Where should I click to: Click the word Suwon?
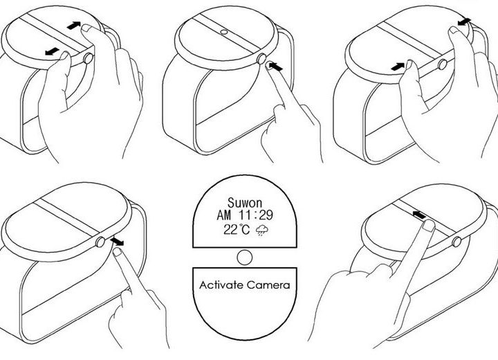tap(245, 203)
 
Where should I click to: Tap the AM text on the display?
tap(223, 215)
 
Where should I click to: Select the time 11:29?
tap(256, 215)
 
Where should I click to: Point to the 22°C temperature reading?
tap(237, 229)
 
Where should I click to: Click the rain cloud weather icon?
tap(261, 231)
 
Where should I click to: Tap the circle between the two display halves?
tap(245, 258)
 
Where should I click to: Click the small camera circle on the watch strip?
tap(224, 32)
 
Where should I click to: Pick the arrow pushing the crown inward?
tap(275, 66)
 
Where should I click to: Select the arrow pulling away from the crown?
tap(118, 242)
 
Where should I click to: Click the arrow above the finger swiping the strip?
tap(419, 215)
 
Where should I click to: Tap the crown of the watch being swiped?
tap(456, 242)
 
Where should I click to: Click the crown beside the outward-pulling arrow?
tap(100, 242)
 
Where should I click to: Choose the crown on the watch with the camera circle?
tap(261, 59)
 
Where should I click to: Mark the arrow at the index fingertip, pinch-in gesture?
tap(464, 21)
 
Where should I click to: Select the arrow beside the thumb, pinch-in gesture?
tap(398, 66)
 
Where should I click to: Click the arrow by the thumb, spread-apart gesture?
tap(52, 51)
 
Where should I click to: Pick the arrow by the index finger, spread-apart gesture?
tap(74, 26)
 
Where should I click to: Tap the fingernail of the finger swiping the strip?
tap(429, 226)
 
